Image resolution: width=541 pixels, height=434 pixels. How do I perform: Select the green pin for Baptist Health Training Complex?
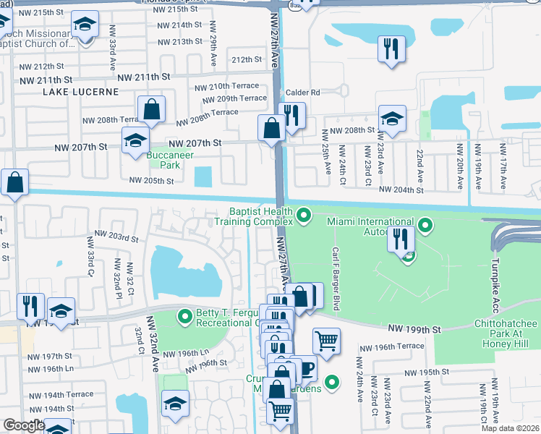304,216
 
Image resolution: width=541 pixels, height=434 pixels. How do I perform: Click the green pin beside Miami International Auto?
426,226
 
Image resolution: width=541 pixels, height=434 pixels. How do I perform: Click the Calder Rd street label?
305,93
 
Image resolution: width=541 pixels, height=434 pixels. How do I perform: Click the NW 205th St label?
151,181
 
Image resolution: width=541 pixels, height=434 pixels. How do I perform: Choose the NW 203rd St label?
116,237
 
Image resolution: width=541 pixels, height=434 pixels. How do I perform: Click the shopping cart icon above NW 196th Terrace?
326,340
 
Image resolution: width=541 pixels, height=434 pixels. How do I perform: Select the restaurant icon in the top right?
391,49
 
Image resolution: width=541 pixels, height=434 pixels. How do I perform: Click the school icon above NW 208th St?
392,118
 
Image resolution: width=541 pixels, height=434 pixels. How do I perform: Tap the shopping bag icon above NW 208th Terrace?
153,110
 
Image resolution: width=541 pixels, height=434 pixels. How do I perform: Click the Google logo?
23,426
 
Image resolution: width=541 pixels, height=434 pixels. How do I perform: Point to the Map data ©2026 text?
510,428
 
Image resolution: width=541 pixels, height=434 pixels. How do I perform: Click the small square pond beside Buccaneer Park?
204,176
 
